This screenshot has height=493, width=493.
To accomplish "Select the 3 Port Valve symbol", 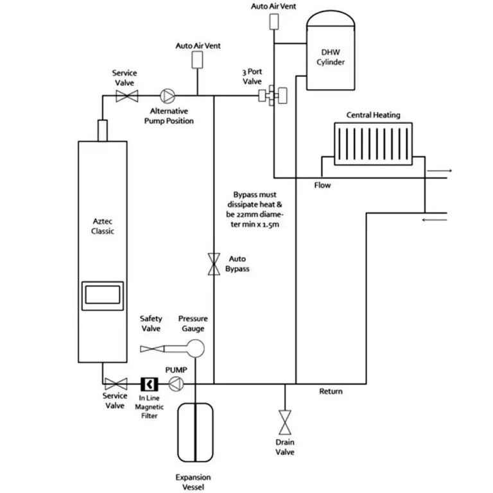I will [272, 96].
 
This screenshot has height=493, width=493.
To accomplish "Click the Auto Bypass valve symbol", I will [214, 264].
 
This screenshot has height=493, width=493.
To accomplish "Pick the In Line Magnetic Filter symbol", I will [149, 385].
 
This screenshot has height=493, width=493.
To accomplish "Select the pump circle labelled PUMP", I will [175, 385].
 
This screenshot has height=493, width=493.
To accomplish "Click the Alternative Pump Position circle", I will [166, 97].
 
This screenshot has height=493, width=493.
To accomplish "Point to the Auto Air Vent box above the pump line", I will [197, 59].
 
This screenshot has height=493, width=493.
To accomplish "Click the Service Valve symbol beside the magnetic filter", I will [116, 385].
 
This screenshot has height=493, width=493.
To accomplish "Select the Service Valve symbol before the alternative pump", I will [124, 97].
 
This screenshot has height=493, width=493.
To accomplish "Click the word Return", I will [331, 392].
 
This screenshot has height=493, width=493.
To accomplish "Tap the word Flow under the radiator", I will [322, 186].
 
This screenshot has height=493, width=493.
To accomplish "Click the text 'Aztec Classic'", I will [103, 225].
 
